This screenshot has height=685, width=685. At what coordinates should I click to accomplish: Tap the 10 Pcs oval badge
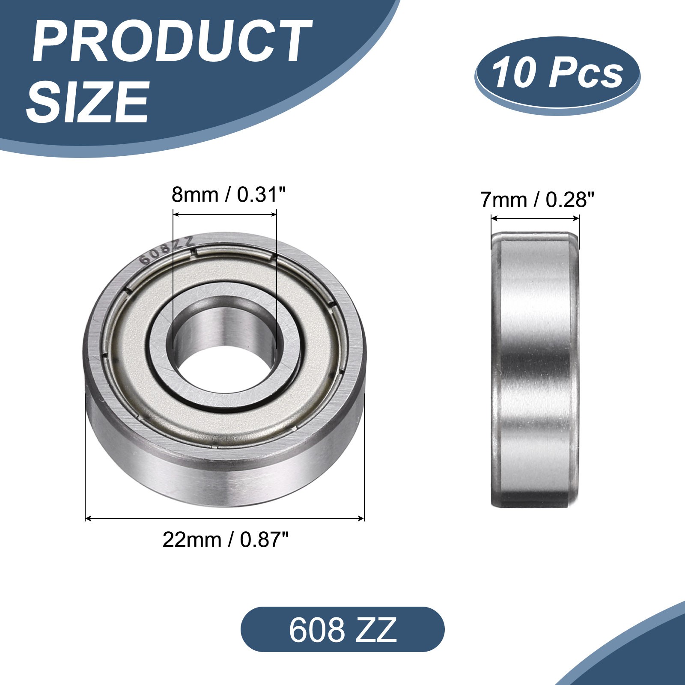coord(557,75)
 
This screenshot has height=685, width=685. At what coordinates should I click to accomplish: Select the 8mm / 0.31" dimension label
coord(228,195)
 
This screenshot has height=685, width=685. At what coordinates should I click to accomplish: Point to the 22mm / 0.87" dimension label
coord(226,540)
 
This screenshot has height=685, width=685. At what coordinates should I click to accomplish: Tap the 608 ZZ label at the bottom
coord(342,629)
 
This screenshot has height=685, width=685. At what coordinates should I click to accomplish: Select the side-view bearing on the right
coord(535,370)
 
